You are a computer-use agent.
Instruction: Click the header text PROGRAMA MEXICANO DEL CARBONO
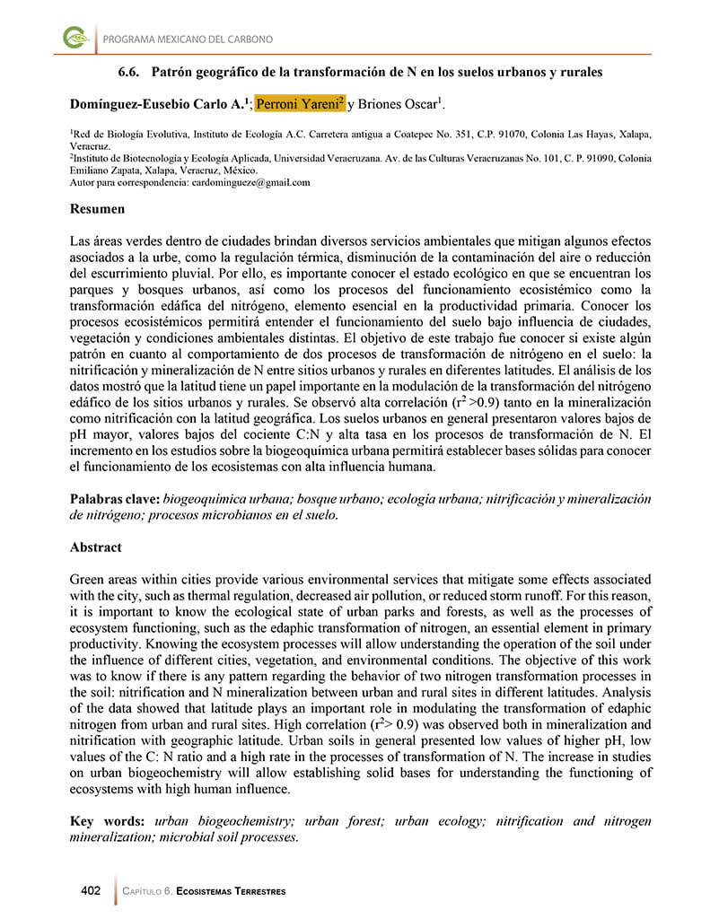pyautogui.click(x=188, y=39)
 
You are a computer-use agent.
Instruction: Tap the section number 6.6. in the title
pyautogui.click(x=134, y=71)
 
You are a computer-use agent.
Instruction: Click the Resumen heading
pyautogui.click(x=97, y=209)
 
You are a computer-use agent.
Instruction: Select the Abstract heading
pyautogui.click(x=95, y=547)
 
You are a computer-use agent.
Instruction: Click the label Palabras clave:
pyautogui.click(x=115, y=499)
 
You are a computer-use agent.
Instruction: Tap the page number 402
pyautogui.click(x=91, y=890)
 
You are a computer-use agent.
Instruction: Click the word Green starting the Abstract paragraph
pyautogui.click(x=88, y=580)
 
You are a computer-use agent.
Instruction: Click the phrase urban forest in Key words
pyautogui.click(x=345, y=821)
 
